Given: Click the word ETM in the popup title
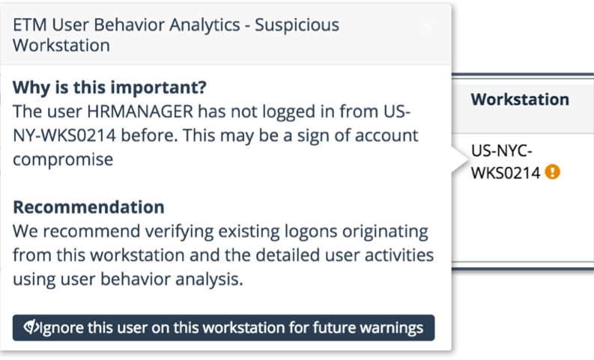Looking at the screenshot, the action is [x=29, y=25].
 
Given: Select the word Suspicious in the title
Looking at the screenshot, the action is [x=297, y=25].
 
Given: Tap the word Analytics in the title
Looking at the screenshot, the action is [x=204, y=25].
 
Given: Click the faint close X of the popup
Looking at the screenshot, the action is [x=427, y=26].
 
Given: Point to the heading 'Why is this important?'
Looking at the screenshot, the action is [x=110, y=88].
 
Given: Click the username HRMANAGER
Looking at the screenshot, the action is [x=140, y=112].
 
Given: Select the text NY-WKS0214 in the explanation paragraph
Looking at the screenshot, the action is [x=64, y=135].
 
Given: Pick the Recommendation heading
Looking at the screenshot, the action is [x=88, y=207].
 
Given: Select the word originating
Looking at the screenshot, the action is [x=385, y=232].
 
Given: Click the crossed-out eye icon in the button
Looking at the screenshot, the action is [x=31, y=327].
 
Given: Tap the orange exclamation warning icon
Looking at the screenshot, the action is [x=552, y=172].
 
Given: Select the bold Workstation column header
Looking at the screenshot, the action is [x=520, y=100].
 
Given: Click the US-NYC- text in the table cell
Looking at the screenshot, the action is [x=502, y=151].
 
